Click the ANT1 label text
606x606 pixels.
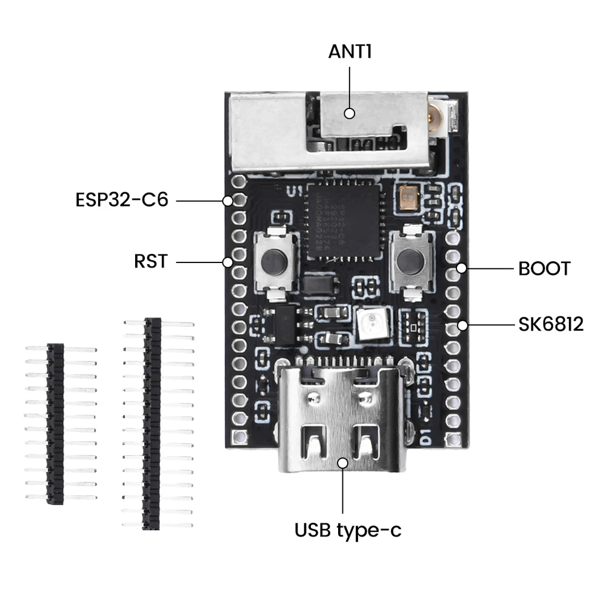[x=350, y=51]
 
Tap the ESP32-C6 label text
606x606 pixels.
[x=122, y=199]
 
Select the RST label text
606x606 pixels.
[x=150, y=262]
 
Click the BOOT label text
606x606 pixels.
[x=544, y=268]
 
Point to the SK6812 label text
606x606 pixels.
[x=550, y=325]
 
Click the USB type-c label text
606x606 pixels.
[x=347, y=530]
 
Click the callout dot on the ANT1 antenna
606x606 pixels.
[x=349, y=113]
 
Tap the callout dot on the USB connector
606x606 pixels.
[x=342, y=463]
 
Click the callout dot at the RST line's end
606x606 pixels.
[x=228, y=262]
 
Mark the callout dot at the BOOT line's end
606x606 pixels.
[x=462, y=268]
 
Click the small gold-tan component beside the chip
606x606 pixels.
[x=408, y=198]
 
